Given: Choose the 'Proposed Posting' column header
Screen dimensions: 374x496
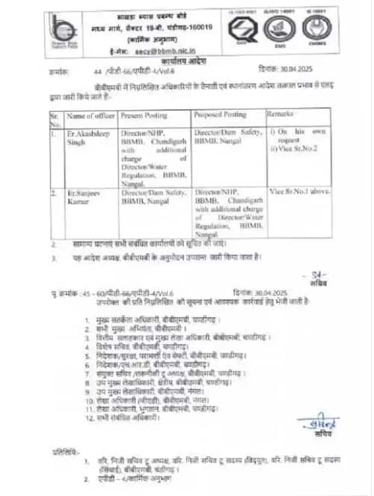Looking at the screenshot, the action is [218, 117].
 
